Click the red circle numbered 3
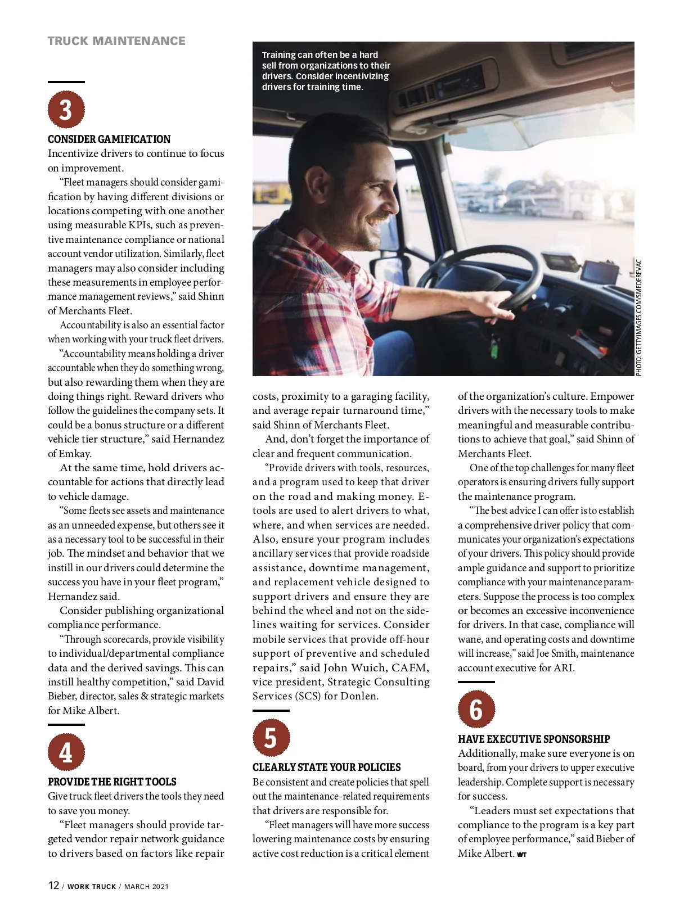pos(66,110)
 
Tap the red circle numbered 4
pos(66,752)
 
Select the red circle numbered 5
pos(271,738)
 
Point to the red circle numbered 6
pos(476,709)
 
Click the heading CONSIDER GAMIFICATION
pos(109,139)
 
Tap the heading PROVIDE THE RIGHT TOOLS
pos(112,782)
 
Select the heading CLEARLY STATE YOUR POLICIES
pos(326,767)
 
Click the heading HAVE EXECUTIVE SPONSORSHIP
pos(534,739)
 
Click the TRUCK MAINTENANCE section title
pos(116,41)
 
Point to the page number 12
pos(53,885)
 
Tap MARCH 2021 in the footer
pos(146,887)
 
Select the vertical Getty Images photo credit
pos(638,317)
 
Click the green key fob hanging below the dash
pos(494,349)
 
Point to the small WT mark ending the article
pos(521,855)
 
